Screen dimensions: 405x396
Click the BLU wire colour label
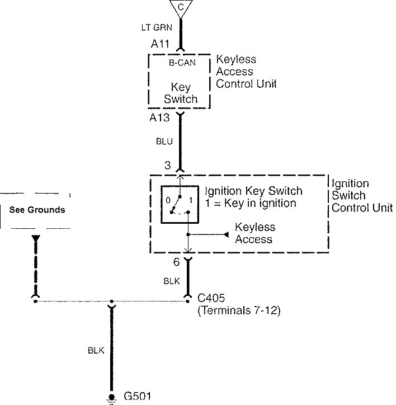164,142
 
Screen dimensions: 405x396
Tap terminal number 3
167,166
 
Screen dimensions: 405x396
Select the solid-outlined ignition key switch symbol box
179,205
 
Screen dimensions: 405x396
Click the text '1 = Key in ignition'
250,203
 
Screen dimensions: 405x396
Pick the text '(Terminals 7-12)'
239,310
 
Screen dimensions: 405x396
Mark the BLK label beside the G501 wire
96,351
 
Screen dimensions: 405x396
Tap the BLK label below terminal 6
171,282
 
